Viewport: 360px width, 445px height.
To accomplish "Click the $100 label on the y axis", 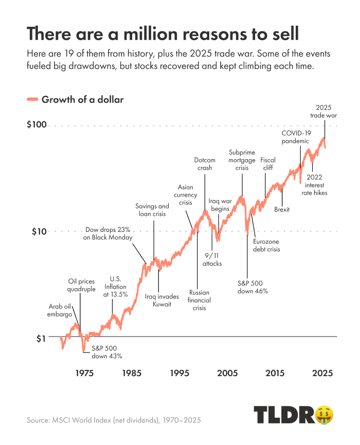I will pyautogui.click(x=37, y=125).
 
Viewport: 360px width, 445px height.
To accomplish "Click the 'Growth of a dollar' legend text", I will pyautogui.click(x=83, y=99).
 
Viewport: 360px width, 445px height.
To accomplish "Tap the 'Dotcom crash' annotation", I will pyautogui.click(x=205, y=163).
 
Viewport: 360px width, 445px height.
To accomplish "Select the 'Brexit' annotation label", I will pyautogui.click(x=282, y=209).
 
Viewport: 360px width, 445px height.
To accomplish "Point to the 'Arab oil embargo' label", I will pyautogui.click(x=60, y=310).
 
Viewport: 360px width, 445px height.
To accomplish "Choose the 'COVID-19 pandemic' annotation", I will pyautogui.click(x=295, y=137).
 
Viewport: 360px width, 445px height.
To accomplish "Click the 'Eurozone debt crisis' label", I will pyautogui.click(x=266, y=245).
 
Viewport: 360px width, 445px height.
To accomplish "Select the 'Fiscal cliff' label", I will pyautogui.click(x=267, y=163).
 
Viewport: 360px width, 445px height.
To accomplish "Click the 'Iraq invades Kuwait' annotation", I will pyautogui.click(x=161, y=300).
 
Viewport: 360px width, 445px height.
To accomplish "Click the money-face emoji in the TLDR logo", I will pyautogui.click(x=324, y=414).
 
